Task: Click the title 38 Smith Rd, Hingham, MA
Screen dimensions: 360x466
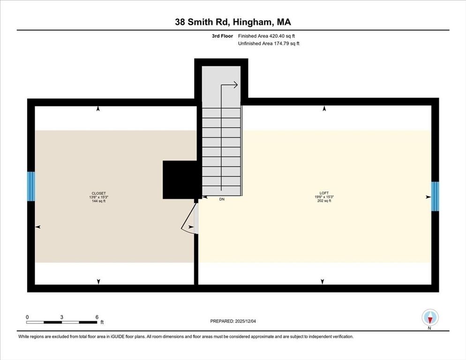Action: point(233,22)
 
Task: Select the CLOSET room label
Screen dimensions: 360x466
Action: point(98,193)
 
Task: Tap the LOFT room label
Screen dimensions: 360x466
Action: point(323,193)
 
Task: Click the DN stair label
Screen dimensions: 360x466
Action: point(222,199)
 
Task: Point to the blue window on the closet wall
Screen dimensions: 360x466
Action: point(31,186)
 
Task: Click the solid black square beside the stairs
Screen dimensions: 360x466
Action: point(179,180)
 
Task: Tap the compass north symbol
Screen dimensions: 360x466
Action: point(430,318)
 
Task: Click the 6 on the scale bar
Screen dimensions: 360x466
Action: point(97,317)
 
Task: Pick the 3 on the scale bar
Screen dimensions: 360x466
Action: point(62,317)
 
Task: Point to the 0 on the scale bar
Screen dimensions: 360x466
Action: point(27,317)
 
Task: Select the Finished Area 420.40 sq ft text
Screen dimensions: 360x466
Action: point(266,36)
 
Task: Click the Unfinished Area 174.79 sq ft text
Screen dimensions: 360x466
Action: point(269,44)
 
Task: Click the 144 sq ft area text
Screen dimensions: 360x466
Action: point(98,201)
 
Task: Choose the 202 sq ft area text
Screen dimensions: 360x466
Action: point(323,201)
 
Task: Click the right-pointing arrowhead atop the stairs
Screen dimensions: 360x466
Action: point(235,85)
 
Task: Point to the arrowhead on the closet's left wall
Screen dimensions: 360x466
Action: point(38,226)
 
